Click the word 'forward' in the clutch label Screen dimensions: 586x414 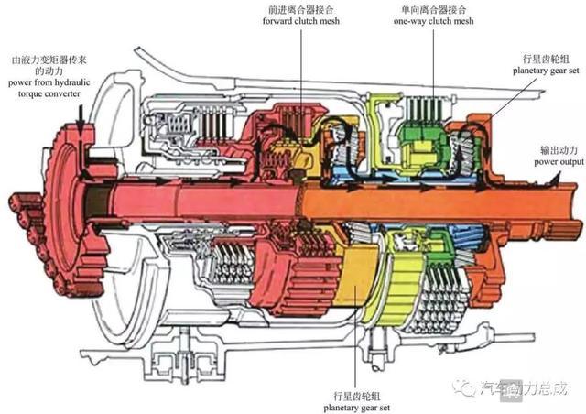277,22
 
